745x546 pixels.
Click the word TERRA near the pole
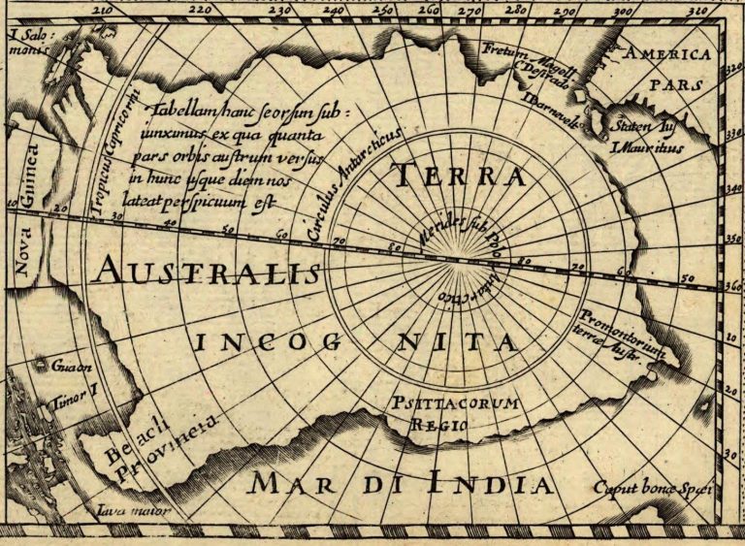(x=458, y=177)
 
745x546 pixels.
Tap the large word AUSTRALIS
(x=206, y=271)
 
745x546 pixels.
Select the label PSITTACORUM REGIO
(x=455, y=411)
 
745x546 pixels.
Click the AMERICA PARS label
(x=666, y=68)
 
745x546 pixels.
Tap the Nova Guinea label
(x=26, y=204)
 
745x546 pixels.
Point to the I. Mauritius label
(x=646, y=148)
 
